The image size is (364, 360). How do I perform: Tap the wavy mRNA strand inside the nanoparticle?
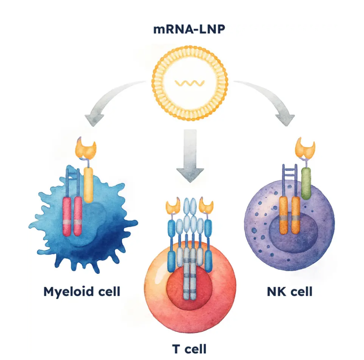(190, 83)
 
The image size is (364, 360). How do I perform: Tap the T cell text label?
(189, 348)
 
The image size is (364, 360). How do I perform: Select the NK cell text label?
(290, 291)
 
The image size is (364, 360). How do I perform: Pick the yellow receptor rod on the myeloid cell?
(88, 184)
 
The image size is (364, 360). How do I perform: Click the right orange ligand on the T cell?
(207, 206)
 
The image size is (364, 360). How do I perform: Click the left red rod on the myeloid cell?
(67, 216)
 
